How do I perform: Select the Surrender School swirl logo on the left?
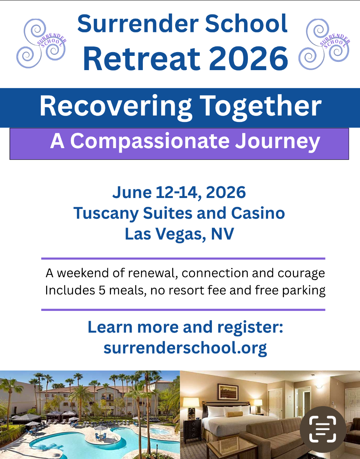pyautogui.click(x=41, y=43)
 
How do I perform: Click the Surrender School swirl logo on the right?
pyautogui.click(x=324, y=44)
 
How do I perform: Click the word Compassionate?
pyautogui.click(x=150, y=141)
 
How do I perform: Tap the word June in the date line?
pyautogui.click(x=132, y=192)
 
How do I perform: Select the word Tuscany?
pyautogui.click(x=106, y=214)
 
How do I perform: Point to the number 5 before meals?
pyautogui.click(x=102, y=290)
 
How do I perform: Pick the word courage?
pyautogui.click(x=301, y=273)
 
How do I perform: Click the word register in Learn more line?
pyautogui.click(x=250, y=328)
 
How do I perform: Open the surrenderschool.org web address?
pyautogui.click(x=185, y=348)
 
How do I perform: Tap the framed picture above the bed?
pyautogui.click(x=228, y=392)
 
